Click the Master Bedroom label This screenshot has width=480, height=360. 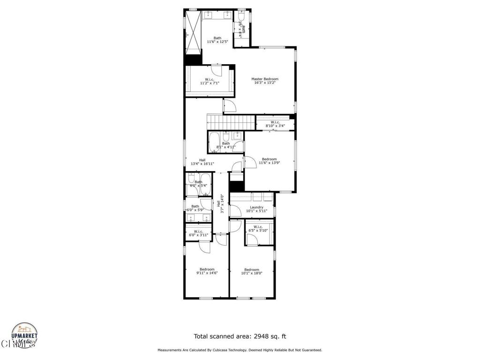point(264,79)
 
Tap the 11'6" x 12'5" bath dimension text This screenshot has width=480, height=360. point(217,42)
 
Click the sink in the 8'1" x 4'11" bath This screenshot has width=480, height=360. point(237,136)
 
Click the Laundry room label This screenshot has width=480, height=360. point(256,207)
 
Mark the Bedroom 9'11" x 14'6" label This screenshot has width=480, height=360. point(207,269)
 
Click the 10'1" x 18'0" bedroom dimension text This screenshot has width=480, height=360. point(252,273)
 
